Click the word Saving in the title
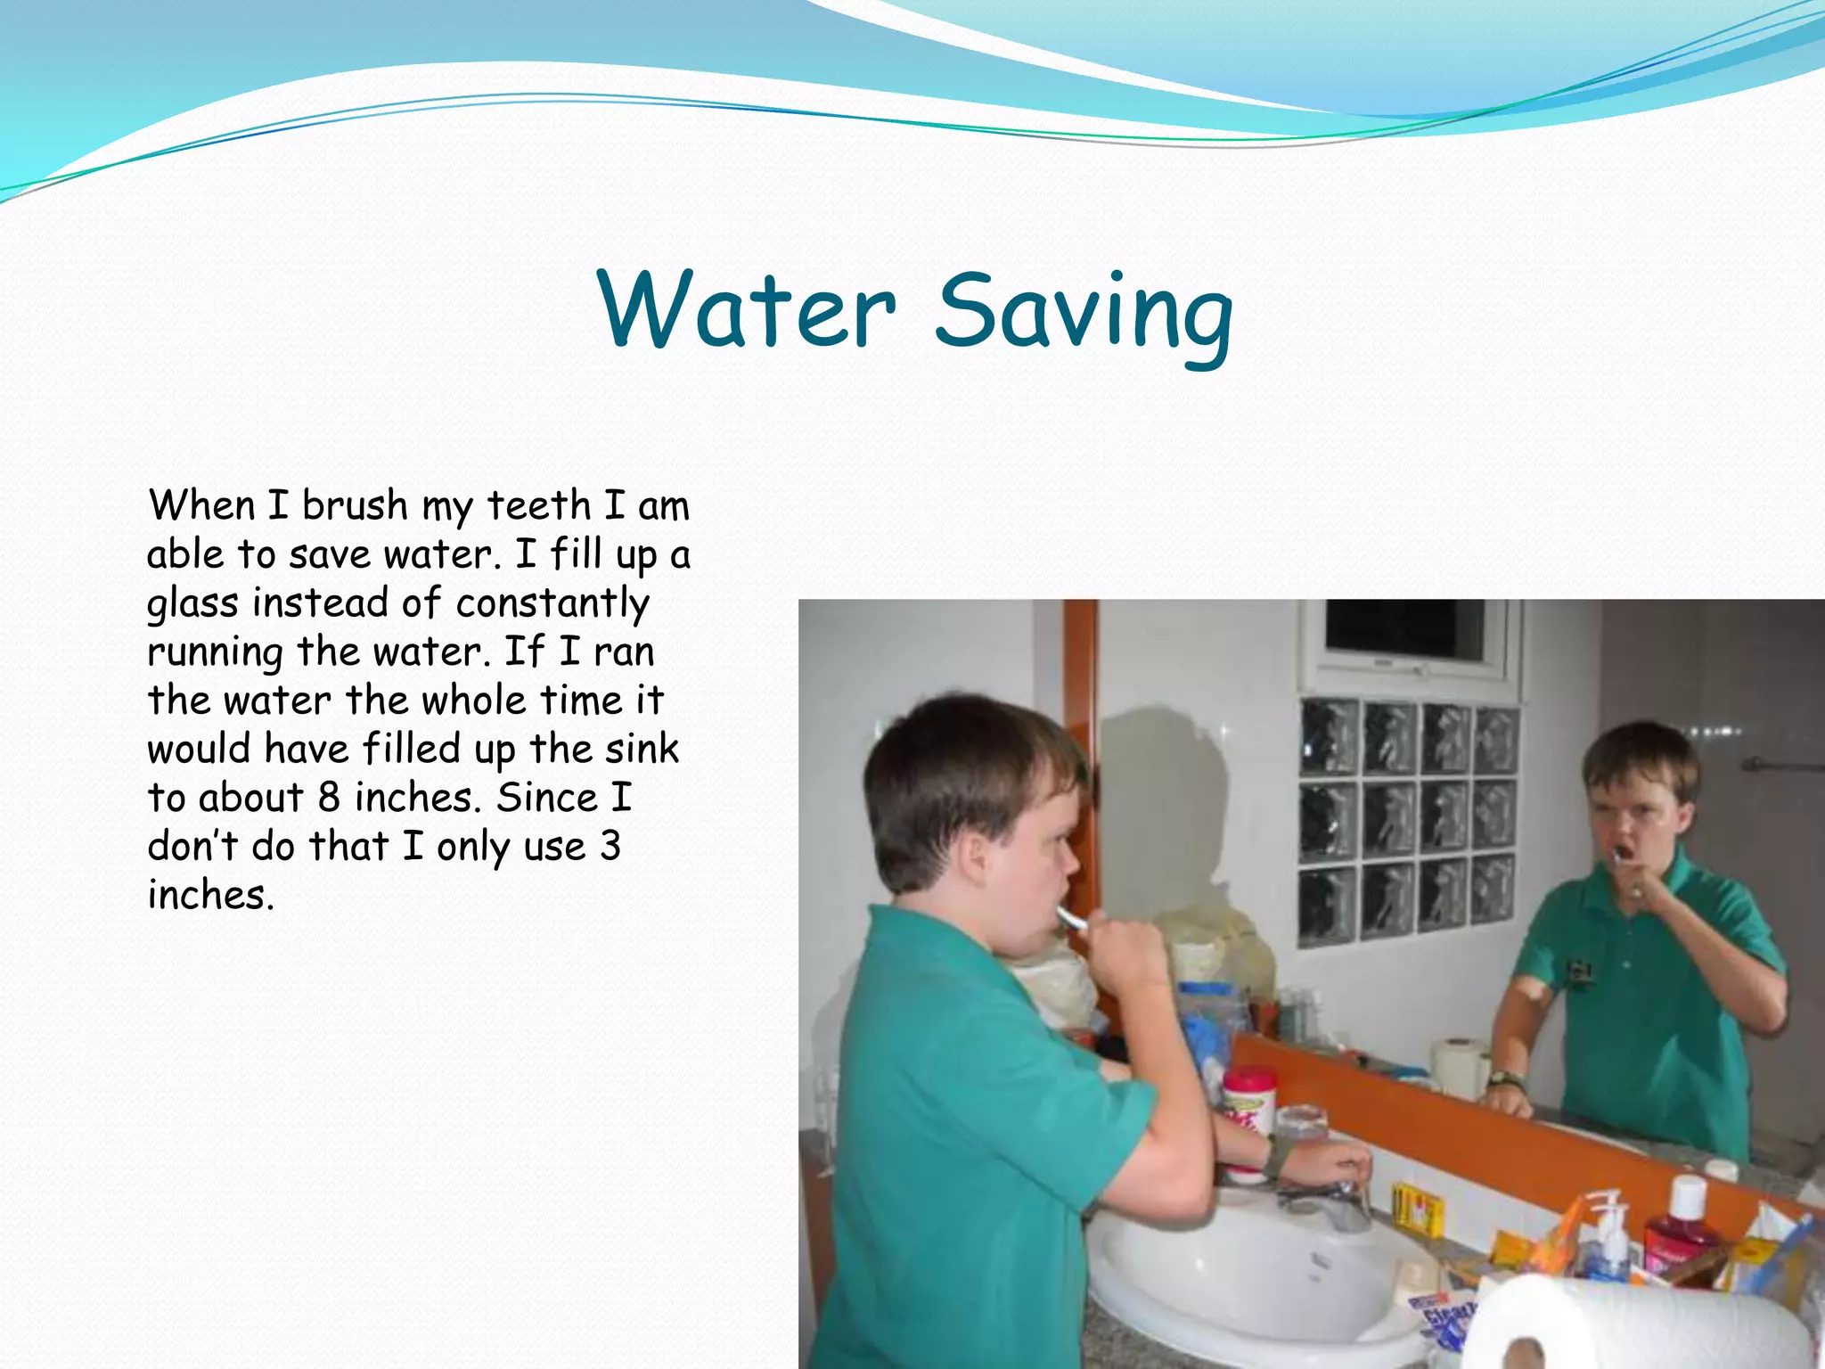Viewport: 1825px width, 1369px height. click(1084, 314)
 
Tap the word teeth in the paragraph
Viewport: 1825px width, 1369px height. click(538, 506)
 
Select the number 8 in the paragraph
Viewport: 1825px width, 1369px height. click(329, 798)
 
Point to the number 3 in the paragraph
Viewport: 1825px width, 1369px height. click(610, 846)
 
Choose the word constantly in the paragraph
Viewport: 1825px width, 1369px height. click(552, 603)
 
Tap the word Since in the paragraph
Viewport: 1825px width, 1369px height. click(546, 798)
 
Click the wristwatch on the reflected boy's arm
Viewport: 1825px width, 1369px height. click(1506, 1080)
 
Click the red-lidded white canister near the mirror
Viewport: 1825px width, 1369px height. click(1249, 1101)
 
